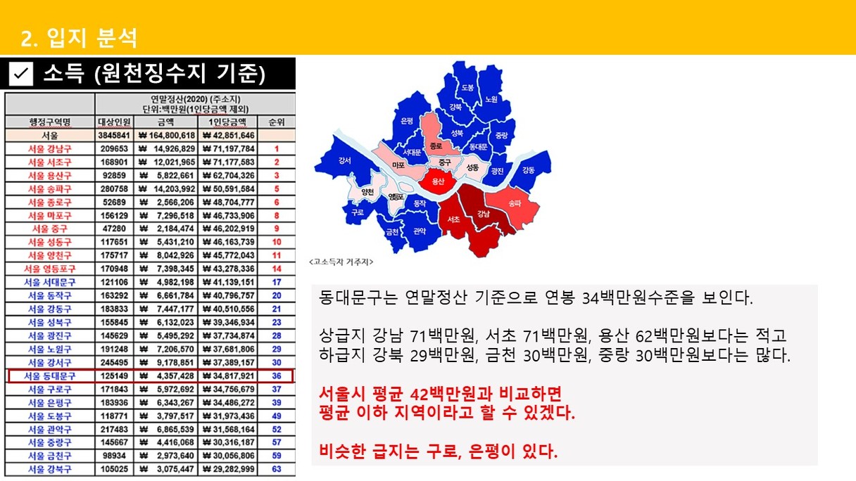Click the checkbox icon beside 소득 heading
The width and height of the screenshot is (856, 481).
21,73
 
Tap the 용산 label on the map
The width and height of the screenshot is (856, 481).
438,181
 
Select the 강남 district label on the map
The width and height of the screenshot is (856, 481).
483,213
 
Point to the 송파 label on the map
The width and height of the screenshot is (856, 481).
515,203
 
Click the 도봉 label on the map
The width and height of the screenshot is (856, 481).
467,87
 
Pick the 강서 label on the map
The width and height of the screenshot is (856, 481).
344,160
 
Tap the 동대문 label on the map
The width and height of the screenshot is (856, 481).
478,146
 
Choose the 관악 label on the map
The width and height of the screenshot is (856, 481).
420,231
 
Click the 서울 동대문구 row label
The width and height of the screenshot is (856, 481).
50,376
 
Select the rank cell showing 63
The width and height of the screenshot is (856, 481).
276,469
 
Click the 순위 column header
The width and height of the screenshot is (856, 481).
276,122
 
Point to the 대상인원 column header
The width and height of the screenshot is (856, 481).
114,122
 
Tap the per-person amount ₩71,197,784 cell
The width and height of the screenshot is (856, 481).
228,148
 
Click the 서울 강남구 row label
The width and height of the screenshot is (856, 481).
50,148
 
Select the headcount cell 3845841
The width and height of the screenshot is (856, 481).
114,136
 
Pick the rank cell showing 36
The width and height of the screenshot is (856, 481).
276,376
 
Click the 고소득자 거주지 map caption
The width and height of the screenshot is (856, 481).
341,262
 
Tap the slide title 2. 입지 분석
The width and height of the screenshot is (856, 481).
79,38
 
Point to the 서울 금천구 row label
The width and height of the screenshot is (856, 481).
50,456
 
